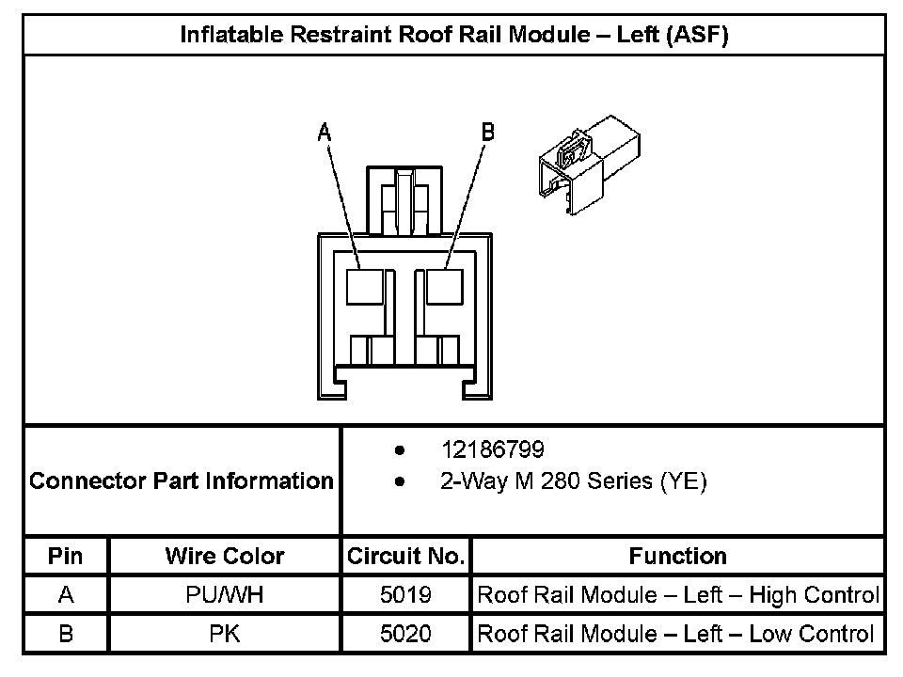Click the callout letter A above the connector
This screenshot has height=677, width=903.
pos(325,133)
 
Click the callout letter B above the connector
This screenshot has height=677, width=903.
pos(487,133)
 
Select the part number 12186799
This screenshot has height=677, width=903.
pos(492,449)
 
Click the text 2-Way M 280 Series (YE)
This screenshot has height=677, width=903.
pos(573,481)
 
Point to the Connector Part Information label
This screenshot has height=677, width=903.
pos(182,481)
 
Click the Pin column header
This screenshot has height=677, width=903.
pos(65,556)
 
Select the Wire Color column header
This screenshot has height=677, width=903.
pos(224,556)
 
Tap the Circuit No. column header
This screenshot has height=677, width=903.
pos(405,556)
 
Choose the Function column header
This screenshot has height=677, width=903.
pos(677,556)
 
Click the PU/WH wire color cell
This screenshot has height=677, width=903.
pos(224,595)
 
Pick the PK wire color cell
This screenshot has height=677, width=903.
pos(224,634)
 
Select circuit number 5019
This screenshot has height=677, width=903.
pos(405,595)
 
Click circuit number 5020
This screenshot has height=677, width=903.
pos(405,634)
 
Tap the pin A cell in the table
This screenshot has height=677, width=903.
pos(65,595)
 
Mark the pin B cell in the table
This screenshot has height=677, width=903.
pos(65,634)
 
